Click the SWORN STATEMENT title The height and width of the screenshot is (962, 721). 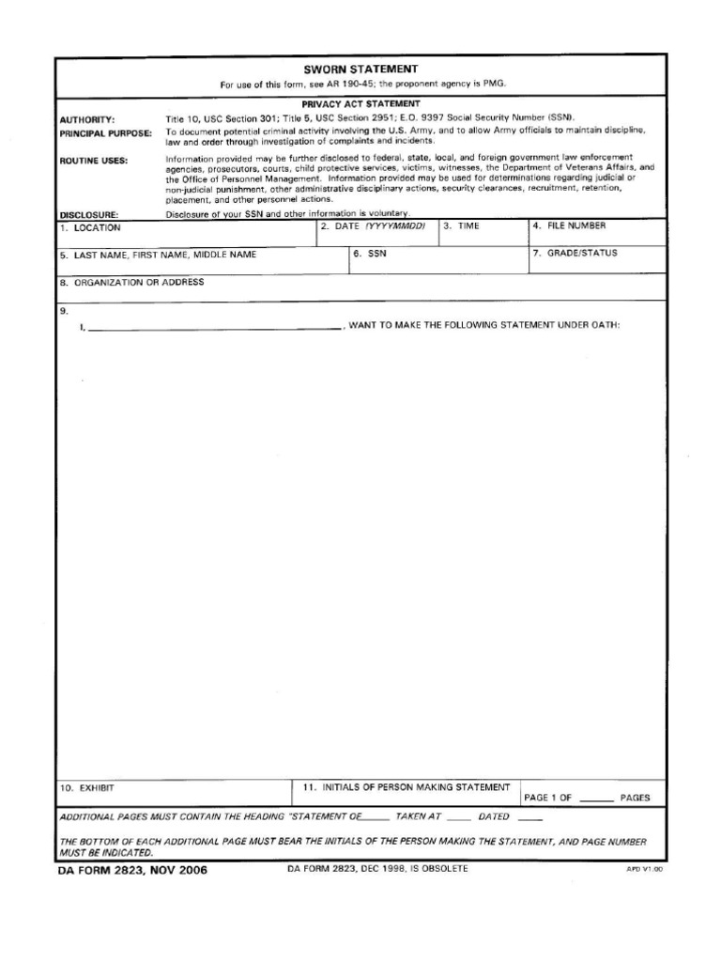(360, 70)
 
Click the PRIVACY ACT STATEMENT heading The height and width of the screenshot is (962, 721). (360, 103)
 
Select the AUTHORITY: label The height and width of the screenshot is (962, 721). (87, 120)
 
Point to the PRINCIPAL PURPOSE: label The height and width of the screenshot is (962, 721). (105, 133)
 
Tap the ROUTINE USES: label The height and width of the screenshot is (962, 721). (94, 161)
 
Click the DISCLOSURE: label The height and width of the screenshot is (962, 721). (89, 215)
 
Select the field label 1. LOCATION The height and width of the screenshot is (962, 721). (91, 228)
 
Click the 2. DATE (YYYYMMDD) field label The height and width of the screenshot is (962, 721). (373, 227)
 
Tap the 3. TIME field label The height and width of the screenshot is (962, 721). (461, 227)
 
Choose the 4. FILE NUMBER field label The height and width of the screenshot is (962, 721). (570, 226)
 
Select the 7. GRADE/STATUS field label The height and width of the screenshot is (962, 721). (575, 254)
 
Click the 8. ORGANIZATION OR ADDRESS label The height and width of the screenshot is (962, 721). (131, 282)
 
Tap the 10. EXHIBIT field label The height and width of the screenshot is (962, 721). (86, 788)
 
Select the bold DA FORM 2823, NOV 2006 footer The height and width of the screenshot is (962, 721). (133, 870)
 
